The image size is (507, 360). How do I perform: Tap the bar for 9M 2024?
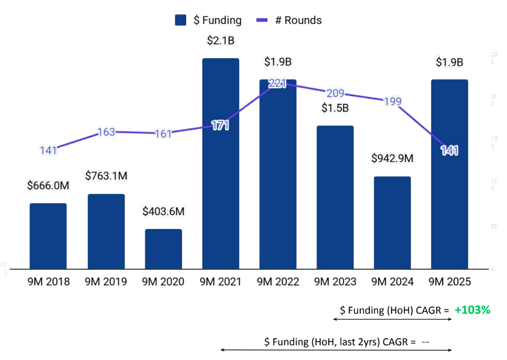392,222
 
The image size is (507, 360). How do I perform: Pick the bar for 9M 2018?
48,236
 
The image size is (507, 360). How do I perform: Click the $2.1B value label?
221,41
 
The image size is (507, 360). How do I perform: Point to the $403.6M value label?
163,212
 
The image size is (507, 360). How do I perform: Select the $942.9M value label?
392,159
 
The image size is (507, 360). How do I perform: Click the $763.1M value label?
106,176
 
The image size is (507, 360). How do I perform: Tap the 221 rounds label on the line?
277,83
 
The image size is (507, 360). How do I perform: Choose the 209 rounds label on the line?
335,93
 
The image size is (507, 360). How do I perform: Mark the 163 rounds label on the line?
106,132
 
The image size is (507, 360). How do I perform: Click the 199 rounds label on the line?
392,101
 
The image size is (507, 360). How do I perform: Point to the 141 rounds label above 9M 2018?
48,150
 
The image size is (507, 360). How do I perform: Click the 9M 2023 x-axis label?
335,282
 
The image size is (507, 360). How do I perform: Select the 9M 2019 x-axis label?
106,282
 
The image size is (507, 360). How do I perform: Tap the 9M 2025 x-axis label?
449,282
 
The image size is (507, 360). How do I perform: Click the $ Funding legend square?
181,20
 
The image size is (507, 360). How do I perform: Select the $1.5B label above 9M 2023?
335,108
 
